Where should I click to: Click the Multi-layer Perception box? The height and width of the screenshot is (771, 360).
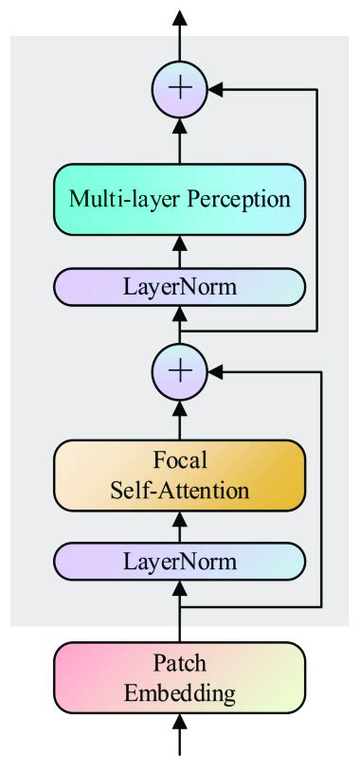tap(179, 201)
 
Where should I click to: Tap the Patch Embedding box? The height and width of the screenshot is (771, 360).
tap(179, 678)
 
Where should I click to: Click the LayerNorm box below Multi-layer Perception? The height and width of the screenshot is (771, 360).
tap(179, 285)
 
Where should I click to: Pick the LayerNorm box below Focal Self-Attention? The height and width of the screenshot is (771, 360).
tap(179, 562)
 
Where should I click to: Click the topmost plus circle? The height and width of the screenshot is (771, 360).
tap(179, 89)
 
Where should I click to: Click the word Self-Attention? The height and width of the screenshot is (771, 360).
tap(179, 492)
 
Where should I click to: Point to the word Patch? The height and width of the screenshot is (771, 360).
tap(179, 664)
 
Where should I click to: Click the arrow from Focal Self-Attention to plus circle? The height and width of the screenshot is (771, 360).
tap(179, 417)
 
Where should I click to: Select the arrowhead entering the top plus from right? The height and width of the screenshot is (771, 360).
tap(214, 90)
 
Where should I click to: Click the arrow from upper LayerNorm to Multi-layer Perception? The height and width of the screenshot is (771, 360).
tap(179, 250)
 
